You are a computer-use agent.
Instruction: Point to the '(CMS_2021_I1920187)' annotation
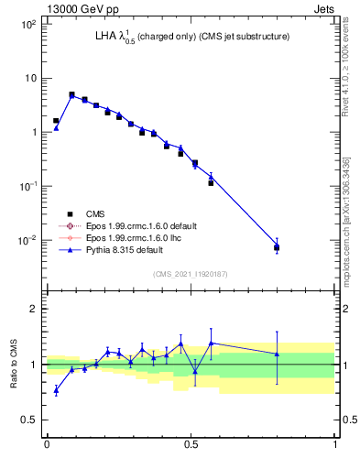coord(189,273)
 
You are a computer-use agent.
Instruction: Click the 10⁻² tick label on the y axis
coord(27,240)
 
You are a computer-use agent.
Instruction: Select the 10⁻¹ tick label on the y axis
coord(27,186)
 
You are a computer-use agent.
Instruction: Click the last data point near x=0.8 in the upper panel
coord(277,246)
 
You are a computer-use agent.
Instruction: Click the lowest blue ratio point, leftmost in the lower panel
coord(56,390)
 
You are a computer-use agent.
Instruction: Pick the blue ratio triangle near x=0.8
coord(277,354)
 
